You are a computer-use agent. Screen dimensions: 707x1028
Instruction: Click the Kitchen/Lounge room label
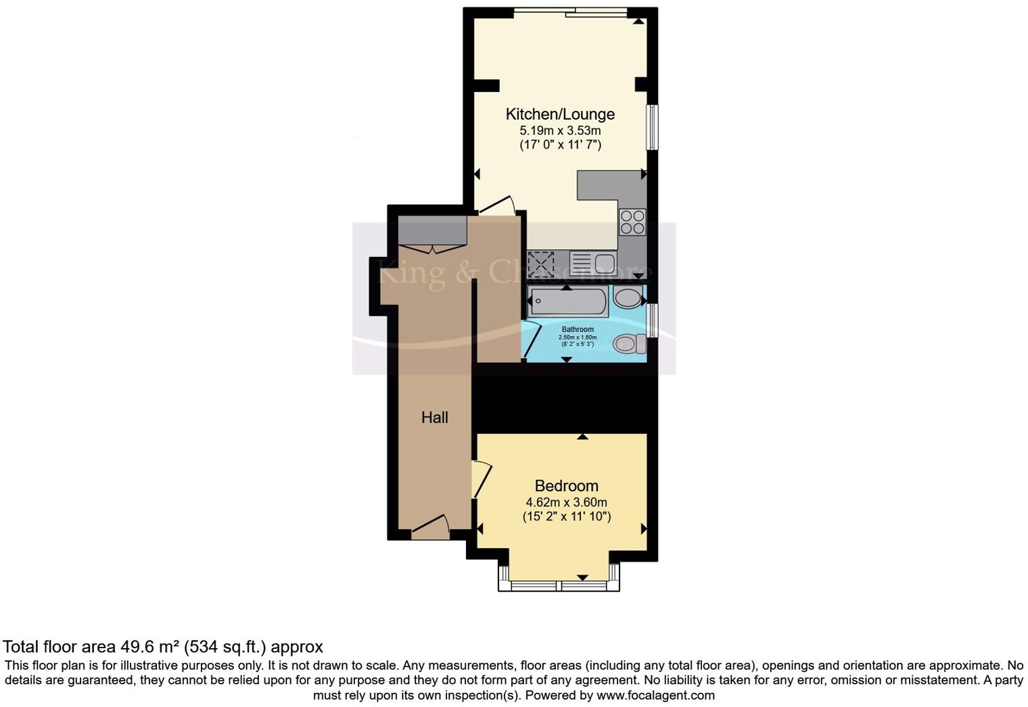[560, 114]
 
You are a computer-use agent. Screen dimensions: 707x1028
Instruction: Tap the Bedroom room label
[566, 486]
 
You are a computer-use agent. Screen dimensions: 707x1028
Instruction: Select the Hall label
[435, 418]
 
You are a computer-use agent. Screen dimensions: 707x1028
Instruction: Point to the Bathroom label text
[578, 330]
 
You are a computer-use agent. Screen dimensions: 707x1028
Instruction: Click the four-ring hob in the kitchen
[632, 222]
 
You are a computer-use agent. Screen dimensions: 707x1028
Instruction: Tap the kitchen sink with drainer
[592, 263]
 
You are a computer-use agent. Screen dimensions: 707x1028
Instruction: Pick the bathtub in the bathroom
[568, 301]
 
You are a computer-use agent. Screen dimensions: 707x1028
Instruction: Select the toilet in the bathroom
[628, 343]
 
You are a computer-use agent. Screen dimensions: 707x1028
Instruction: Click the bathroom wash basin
[628, 298]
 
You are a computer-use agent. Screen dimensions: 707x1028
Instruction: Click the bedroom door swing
[482, 479]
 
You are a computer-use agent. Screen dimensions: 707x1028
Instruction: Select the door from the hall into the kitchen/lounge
[497, 205]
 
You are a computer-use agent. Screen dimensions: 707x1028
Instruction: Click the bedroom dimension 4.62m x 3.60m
[566, 502]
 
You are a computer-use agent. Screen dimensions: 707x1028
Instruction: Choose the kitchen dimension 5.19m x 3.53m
[560, 130]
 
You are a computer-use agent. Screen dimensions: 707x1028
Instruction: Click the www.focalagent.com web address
[655, 695]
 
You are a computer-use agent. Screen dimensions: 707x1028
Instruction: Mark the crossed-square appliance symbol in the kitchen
[541, 264]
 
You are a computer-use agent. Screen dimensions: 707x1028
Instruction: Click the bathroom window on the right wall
[652, 320]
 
